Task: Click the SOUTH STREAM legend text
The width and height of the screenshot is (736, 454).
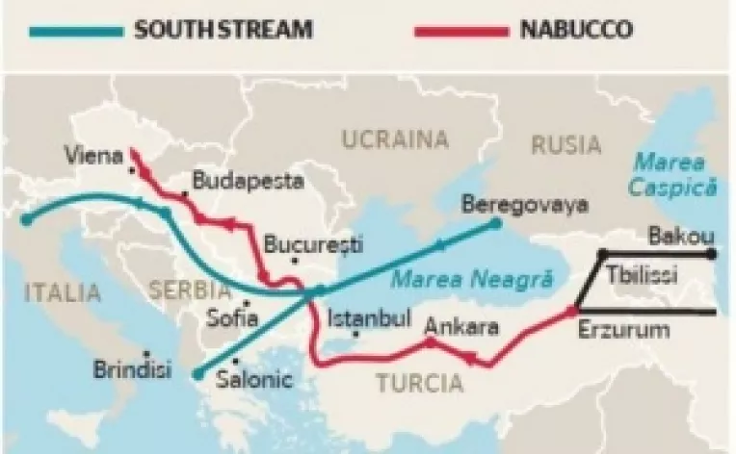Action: point(223,28)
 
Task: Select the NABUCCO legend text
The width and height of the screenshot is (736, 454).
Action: point(578,28)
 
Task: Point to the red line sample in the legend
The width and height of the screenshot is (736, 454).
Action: point(459,30)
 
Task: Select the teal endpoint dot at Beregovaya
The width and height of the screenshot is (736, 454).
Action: point(495,222)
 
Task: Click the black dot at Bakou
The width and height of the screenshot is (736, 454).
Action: point(711,254)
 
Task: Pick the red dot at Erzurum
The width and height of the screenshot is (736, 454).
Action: point(569,310)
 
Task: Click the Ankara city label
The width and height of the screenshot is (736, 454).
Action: point(461,326)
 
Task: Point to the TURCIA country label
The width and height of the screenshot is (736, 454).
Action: point(418,385)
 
